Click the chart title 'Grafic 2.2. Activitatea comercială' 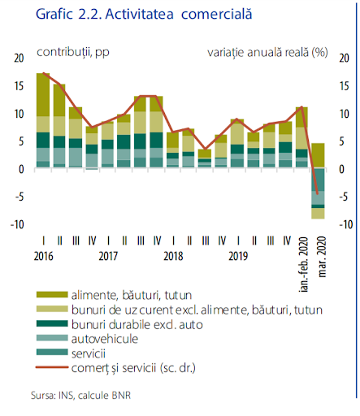click(144, 15)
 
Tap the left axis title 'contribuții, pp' click(73, 52)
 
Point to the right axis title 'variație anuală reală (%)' click(267, 52)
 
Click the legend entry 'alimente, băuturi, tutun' click(132, 295)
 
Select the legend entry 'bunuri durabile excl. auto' click(137, 324)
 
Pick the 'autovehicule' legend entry click(105, 339)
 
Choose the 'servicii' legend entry click(89, 353)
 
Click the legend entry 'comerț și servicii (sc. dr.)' click(133, 368)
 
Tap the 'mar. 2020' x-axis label click(322, 257)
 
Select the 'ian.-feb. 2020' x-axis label click(304, 264)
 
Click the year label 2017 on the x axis click(108, 256)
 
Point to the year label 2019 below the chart click(238, 256)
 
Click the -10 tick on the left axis click(17, 224)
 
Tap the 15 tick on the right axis click(344, 86)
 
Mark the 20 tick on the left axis click(19, 58)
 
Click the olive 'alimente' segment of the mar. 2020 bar click(318, 155)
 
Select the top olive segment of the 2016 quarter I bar click(43, 95)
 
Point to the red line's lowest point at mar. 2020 click(317, 193)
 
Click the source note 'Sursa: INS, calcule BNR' click(80, 396)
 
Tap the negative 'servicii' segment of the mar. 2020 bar click(318, 180)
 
